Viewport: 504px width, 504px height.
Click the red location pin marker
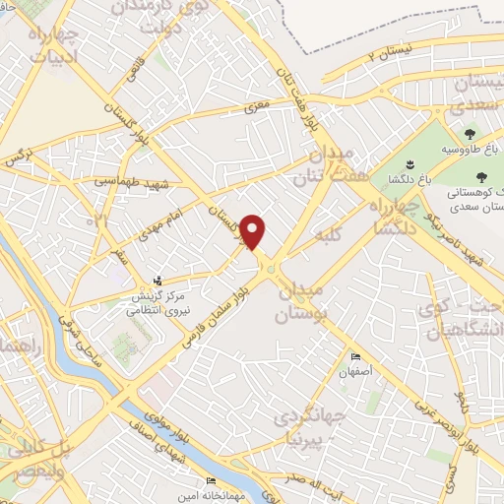pyautogui.click(x=254, y=231)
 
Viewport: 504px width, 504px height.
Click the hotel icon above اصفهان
pyautogui.click(x=355, y=356)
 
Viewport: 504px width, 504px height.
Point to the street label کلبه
pyautogui.click(x=326, y=235)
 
